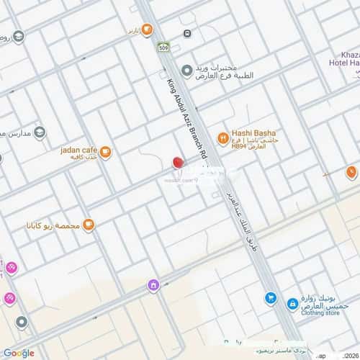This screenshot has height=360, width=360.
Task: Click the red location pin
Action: [x=178, y=163]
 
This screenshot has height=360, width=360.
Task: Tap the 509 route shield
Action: [x=163, y=48]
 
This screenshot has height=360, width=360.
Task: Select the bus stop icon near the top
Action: [x=187, y=33]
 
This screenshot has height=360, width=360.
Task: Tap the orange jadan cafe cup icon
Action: [x=106, y=152]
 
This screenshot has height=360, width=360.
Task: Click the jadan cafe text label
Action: [x=78, y=150]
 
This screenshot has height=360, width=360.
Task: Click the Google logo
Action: [x=18, y=353]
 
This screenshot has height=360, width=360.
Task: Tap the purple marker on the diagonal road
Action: [x=153, y=285]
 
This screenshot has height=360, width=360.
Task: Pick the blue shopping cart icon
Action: [x=270, y=297]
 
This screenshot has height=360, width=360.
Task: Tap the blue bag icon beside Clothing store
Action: [x=293, y=305]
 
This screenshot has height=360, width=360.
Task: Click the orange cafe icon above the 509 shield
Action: [x=147, y=30]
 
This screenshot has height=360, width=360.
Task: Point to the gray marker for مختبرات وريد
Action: [x=186, y=70]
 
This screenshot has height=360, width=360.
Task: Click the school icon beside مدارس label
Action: [x=39, y=132]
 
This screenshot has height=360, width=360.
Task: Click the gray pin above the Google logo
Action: [x=22, y=322]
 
